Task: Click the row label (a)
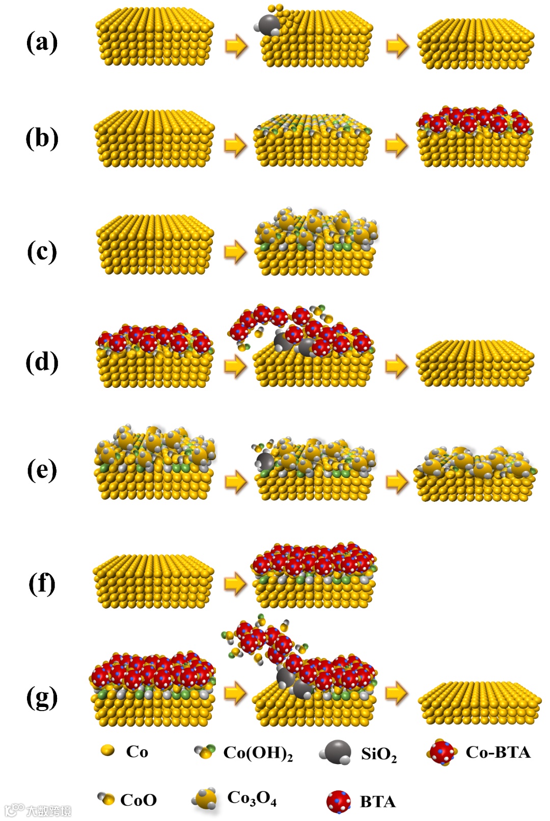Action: (42, 42)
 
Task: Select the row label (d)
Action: (42, 362)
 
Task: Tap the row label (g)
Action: (42, 697)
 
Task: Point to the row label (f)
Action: (42, 583)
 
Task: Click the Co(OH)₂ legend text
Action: (258, 753)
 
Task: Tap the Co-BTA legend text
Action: (498, 752)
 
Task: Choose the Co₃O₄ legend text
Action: (252, 798)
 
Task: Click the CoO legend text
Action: (139, 800)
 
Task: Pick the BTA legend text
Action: (377, 802)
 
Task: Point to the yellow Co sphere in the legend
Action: (107, 750)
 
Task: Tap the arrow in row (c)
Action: (235, 251)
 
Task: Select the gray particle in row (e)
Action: (265, 462)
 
